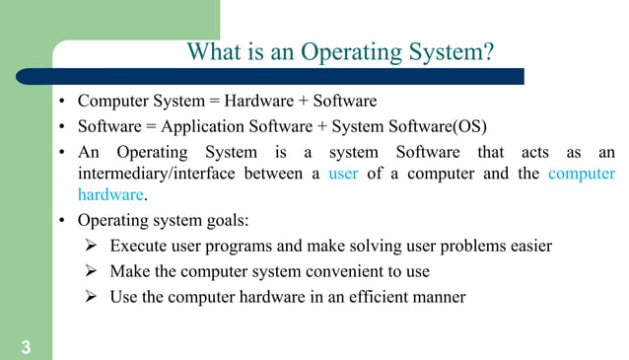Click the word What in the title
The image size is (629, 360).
click(x=212, y=51)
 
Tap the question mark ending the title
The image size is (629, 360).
click(x=489, y=51)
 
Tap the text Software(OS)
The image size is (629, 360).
click(x=446, y=126)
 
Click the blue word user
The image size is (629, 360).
click(x=343, y=174)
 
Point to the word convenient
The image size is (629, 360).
click(x=338, y=271)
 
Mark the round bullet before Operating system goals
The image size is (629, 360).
click(x=61, y=221)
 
